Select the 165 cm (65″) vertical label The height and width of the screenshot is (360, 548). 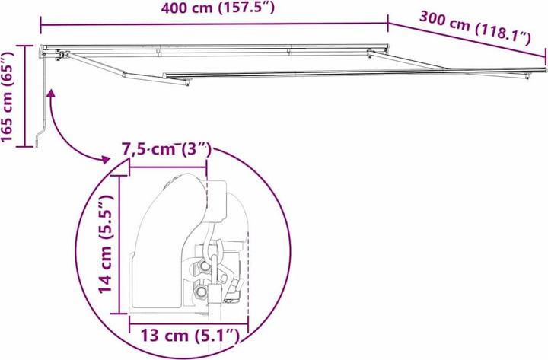9,97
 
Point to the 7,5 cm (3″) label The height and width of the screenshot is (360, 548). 166,150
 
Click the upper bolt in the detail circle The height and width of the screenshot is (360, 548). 205,266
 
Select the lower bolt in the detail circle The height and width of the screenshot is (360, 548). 200,293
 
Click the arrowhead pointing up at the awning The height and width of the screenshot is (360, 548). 52,94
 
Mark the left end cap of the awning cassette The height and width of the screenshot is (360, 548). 42,52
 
